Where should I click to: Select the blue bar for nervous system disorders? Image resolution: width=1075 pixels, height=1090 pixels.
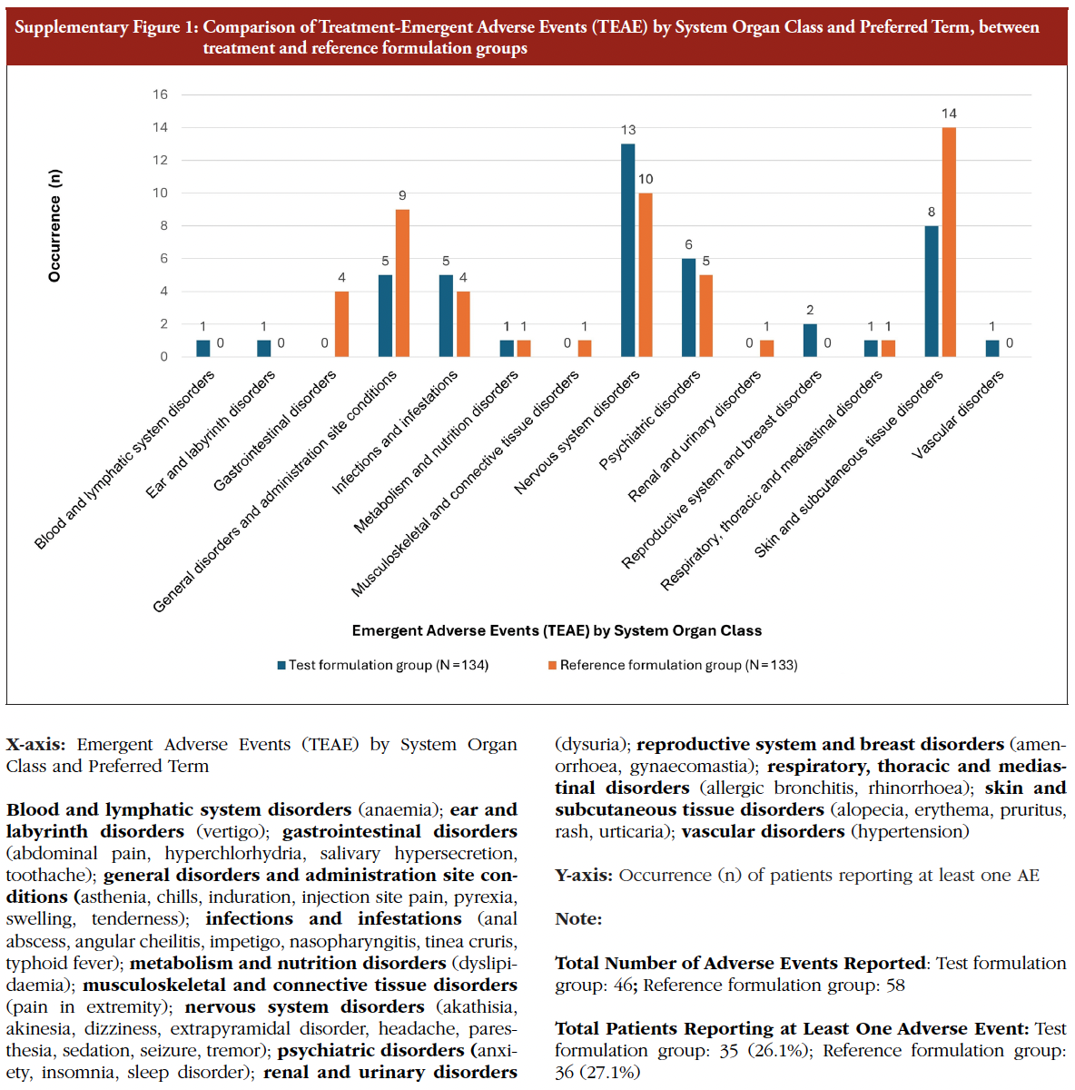(x=627, y=250)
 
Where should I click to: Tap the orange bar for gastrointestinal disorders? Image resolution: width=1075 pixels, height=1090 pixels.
(x=341, y=323)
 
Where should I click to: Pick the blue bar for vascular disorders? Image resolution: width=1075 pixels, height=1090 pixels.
(x=992, y=348)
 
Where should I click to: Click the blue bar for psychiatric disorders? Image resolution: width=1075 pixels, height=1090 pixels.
(x=688, y=307)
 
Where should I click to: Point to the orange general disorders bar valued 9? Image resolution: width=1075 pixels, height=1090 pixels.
(x=402, y=282)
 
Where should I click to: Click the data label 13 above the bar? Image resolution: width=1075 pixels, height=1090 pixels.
(x=628, y=130)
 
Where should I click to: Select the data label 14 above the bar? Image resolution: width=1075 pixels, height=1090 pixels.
(x=949, y=114)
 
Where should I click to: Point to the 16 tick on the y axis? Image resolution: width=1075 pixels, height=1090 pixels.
(x=160, y=94)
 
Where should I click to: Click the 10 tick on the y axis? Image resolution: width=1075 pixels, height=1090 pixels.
(x=160, y=193)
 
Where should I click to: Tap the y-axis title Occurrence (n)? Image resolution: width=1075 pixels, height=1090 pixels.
(x=55, y=225)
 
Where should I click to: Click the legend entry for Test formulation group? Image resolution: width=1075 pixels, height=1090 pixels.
(x=382, y=665)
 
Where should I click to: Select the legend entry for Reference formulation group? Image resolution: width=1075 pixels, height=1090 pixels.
(x=673, y=665)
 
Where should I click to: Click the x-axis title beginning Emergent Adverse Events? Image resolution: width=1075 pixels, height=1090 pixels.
(x=557, y=630)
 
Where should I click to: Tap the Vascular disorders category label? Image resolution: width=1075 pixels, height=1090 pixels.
(x=958, y=414)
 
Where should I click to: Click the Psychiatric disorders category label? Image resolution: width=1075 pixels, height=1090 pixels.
(x=649, y=420)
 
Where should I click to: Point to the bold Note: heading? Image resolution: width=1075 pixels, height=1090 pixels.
(x=578, y=919)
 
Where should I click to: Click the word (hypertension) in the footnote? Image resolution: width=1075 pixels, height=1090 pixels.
(x=910, y=831)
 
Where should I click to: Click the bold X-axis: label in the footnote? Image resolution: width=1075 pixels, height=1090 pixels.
(x=35, y=745)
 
